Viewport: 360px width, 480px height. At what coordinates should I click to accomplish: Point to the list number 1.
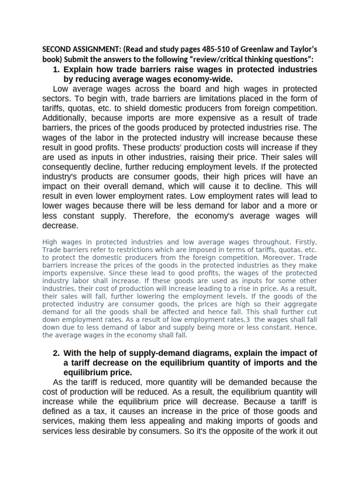pos(56,69)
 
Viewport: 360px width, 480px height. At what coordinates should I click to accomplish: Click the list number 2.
pos(56,353)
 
